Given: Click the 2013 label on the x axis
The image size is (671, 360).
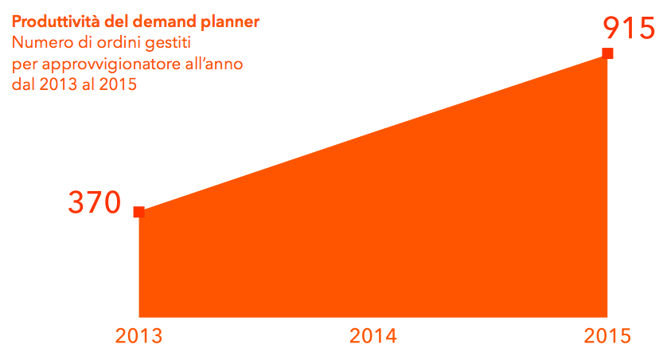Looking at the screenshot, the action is point(138,336).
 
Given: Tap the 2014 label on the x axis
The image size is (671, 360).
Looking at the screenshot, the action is point(373,336).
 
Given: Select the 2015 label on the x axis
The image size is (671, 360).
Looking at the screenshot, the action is point(607,336).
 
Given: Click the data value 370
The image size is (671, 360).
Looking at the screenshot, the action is point(95,202).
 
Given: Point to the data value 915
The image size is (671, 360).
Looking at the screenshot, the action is point(629,28).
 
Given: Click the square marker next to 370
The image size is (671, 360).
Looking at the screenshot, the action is point(139,212).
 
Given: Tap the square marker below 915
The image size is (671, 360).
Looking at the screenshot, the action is point(607,53).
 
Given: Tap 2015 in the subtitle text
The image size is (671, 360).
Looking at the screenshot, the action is point(118,84).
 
